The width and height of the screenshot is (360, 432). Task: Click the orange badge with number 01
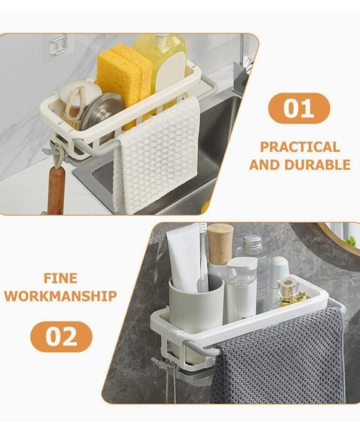pos(299,108)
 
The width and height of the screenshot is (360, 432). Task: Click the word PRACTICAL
pos(300,147)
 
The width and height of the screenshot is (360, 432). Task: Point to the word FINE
pos(60,278)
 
